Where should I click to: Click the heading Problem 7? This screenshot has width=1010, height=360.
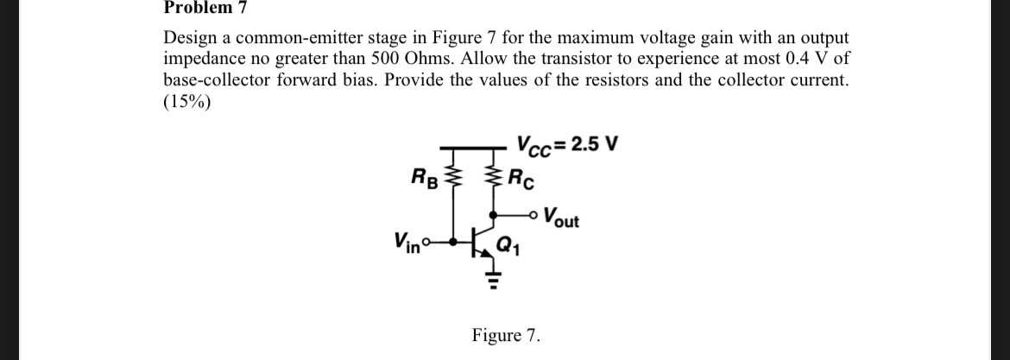coord(205,8)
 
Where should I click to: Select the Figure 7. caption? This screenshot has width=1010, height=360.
coord(506,335)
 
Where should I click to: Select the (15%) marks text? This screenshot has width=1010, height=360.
coord(186,101)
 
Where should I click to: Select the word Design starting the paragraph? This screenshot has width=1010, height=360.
coord(191,39)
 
